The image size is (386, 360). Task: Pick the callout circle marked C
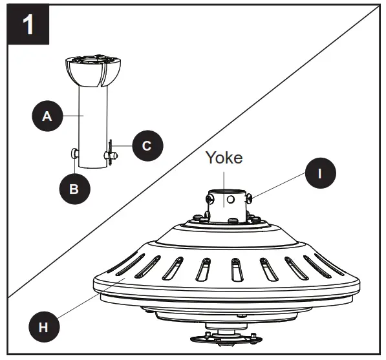coord(147,145)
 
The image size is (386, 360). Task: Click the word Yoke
coord(224,158)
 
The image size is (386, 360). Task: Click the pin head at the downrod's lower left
coord(74,154)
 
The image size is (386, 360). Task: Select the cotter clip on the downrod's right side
coord(111,153)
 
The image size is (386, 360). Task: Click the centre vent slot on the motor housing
coord(234,268)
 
